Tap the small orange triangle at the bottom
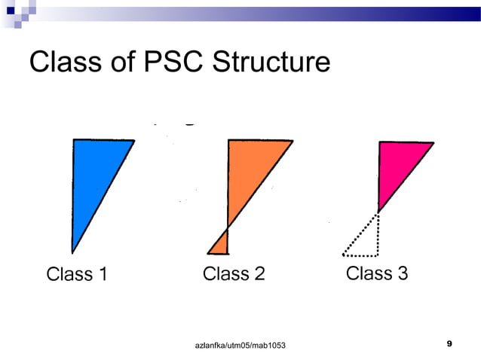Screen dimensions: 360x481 click(x=221, y=245)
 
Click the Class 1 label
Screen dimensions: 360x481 click(x=77, y=274)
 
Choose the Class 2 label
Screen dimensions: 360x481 click(x=234, y=273)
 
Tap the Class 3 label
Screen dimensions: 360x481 click(x=377, y=273)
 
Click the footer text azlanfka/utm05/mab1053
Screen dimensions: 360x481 click(x=240, y=344)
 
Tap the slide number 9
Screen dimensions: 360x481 click(x=449, y=343)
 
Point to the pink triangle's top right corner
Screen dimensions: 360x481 click(x=434, y=143)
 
